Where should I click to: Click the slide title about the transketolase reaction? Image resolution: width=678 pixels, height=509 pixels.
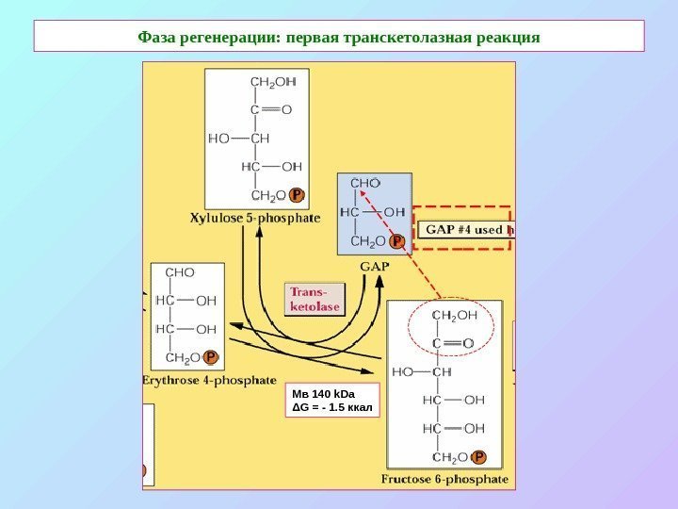tap(339, 37)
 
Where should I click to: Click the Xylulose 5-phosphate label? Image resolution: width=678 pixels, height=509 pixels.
tap(255, 218)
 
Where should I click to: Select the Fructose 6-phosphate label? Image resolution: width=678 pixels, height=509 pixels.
tap(444, 479)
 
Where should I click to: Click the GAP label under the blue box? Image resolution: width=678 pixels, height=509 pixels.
tap(374, 266)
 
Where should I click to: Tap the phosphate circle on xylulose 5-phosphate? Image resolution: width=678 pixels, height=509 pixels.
tap(297, 195)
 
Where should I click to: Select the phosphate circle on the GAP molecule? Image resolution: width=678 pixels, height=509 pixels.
tap(397, 242)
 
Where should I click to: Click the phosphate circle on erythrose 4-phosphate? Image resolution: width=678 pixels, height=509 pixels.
tap(210, 358)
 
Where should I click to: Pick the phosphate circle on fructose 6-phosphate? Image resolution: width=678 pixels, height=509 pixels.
tap(479, 457)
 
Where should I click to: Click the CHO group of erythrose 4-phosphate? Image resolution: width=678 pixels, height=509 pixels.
tap(180, 272)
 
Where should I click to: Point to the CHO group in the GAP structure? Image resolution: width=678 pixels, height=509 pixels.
tap(364, 182)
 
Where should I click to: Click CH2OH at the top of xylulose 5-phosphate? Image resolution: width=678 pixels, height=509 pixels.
tap(272, 81)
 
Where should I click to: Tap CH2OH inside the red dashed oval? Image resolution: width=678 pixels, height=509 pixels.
tap(455, 315)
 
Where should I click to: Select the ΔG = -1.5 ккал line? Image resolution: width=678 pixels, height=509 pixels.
tap(332, 408)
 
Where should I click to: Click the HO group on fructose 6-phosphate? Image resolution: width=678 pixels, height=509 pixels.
tap(403, 371)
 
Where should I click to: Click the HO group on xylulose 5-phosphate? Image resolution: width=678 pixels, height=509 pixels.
tap(218, 138)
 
